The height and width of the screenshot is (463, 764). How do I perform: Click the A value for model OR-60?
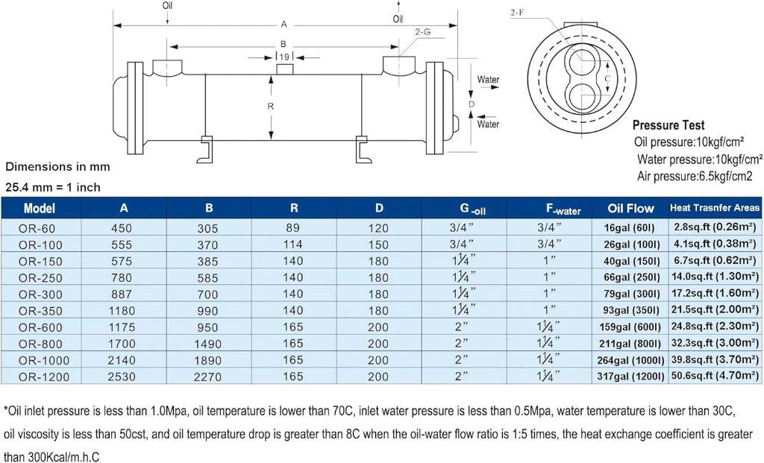click(122, 228)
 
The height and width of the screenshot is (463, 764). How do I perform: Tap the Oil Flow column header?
click(630, 208)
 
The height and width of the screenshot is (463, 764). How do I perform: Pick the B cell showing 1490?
click(208, 344)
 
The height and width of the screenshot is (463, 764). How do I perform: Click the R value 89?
click(293, 227)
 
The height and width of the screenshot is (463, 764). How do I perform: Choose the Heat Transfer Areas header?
click(715, 208)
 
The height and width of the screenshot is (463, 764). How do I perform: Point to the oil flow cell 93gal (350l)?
click(631, 310)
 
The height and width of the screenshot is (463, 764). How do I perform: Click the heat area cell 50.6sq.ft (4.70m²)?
click(715, 375)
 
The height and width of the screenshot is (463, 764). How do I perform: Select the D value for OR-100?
click(378, 245)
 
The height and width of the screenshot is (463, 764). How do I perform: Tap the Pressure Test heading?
click(668, 125)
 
